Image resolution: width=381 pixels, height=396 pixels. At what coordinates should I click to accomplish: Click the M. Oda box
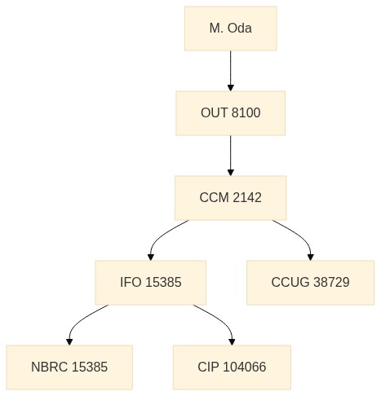point(231,29)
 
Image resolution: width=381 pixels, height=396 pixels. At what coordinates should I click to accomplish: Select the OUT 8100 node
point(231,113)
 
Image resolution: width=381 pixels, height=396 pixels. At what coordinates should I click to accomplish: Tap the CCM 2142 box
point(231,198)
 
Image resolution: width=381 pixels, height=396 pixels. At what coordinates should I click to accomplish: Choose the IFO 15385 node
point(151,283)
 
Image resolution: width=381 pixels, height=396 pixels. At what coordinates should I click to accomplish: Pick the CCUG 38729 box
point(310,283)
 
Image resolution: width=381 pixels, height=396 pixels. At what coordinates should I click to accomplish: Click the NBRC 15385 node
point(69,367)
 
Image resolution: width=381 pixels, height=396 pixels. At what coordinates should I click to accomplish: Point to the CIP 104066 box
point(232,367)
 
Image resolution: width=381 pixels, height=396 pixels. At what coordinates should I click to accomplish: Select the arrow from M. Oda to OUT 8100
point(231,71)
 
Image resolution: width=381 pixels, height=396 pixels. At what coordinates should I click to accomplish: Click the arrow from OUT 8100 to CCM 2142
point(231,156)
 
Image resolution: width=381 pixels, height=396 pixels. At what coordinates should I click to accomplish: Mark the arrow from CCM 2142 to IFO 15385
point(161,235)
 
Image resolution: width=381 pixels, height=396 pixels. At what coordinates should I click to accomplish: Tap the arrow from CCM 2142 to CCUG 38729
point(299,235)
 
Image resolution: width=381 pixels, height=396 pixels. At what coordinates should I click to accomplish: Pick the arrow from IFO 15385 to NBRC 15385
point(81,320)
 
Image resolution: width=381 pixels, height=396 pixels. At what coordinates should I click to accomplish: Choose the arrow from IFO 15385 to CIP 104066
point(220,320)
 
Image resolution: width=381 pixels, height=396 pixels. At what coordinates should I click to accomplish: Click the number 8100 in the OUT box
point(246,112)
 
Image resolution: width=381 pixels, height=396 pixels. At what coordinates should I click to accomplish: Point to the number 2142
point(247,197)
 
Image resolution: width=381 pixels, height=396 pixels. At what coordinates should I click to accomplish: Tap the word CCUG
point(290,282)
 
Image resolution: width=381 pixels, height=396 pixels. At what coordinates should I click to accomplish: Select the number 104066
point(244,367)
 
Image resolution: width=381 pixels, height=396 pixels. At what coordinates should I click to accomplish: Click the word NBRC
point(49,367)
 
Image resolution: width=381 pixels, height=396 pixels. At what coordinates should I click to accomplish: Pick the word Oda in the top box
point(239,28)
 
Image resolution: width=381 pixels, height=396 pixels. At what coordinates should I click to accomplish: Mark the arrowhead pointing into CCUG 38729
point(311,257)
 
